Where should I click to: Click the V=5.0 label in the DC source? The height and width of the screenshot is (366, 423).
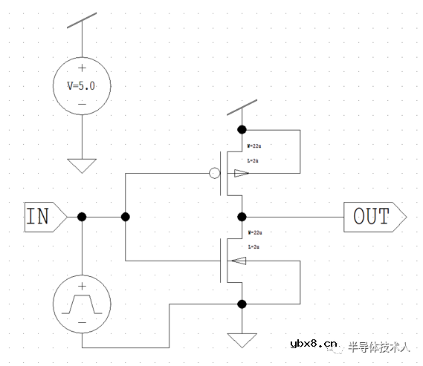coord(82,85)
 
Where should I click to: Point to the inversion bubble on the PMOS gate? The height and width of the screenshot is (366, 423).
coord(214,174)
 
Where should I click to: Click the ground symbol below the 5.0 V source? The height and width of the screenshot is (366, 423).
coord(82,165)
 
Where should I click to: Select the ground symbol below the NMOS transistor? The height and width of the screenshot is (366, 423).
coord(242,340)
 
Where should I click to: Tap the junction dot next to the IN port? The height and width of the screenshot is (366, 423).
coord(82,217)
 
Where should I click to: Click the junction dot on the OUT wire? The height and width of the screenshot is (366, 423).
coord(242,217)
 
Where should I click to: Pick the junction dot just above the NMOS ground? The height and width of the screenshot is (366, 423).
coord(242,304)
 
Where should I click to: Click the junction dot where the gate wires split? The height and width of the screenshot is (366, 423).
coord(126,217)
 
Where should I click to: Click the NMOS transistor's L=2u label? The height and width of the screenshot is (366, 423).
coord(253,246)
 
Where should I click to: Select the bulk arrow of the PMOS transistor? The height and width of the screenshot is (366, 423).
coord(242,174)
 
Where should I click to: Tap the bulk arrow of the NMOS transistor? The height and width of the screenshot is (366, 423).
coord(239,261)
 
